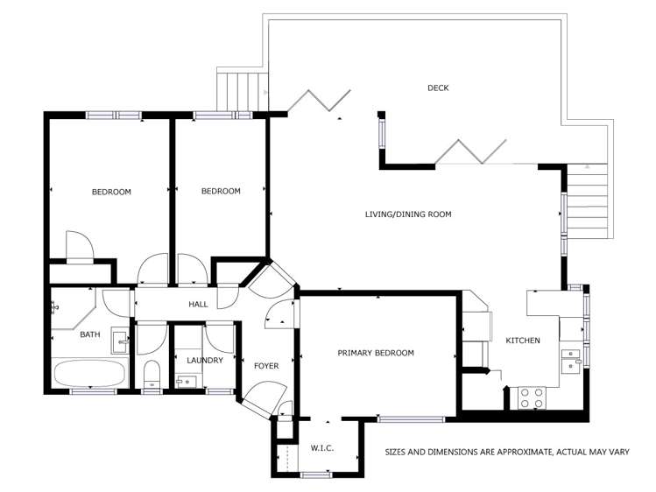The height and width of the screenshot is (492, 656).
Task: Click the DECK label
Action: pos(438,88)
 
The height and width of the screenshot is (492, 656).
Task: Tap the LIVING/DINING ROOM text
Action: pos(408,214)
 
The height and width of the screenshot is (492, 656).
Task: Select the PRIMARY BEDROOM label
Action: pos(376,353)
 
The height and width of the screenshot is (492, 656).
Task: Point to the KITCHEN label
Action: pos(522,341)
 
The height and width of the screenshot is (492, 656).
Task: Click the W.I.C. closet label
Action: pos(321,447)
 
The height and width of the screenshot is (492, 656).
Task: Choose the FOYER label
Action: pos(266,366)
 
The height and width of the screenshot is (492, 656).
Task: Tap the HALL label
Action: pos(198,305)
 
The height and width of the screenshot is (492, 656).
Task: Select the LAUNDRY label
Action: pos(205,360)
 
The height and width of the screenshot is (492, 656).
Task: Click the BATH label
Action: pos(90,334)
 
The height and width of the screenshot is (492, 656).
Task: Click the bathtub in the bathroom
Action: pos(90,373)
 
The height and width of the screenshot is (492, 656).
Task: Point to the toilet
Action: pos(151,375)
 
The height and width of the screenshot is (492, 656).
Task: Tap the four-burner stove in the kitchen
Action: pos(531,398)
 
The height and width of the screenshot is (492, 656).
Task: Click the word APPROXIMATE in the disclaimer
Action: pos(505,453)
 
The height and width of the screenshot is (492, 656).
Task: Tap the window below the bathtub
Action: pos(93,391)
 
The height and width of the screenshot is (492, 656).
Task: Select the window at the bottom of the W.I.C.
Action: pos(315,474)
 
